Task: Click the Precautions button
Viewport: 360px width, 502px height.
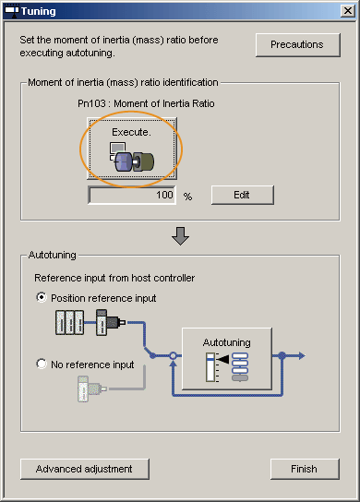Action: tap(297, 45)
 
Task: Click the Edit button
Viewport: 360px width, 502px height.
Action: tap(243, 195)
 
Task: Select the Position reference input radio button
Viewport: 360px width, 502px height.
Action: tap(42, 297)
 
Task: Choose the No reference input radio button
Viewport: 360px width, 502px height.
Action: tap(42, 364)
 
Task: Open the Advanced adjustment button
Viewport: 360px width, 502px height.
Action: tap(85, 469)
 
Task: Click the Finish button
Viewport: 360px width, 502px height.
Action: tap(305, 469)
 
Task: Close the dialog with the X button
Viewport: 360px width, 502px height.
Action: tap(348, 11)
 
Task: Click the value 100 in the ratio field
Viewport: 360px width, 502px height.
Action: tap(164, 195)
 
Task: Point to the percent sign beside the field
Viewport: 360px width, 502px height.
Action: tap(187, 197)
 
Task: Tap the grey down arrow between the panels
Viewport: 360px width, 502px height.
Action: tap(180, 236)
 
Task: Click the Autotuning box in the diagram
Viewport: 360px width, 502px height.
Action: tap(227, 359)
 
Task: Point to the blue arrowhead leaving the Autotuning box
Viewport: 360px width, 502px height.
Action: tap(302, 355)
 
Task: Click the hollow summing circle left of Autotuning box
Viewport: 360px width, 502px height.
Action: tap(173, 355)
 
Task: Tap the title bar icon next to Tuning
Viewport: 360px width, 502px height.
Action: tap(11, 11)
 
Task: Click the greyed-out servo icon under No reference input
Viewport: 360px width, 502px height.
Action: tap(92, 388)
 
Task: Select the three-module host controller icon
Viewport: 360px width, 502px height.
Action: tap(70, 322)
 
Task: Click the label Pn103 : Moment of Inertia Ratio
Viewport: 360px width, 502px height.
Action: tap(146, 103)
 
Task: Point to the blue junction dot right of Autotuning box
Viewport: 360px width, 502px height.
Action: tap(282, 355)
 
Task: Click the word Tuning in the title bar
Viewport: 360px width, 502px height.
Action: tap(39, 11)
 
